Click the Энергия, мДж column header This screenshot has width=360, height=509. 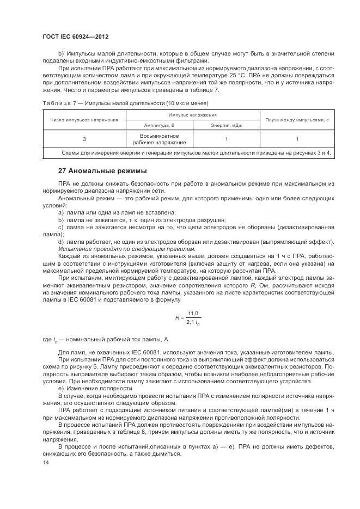tap(225, 125)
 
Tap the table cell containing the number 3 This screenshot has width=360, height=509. tap(84, 139)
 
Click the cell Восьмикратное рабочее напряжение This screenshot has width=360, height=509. tap(159, 139)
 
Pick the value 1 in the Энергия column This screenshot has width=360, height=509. tap(225, 139)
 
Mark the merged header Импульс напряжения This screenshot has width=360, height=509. tap(192, 115)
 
